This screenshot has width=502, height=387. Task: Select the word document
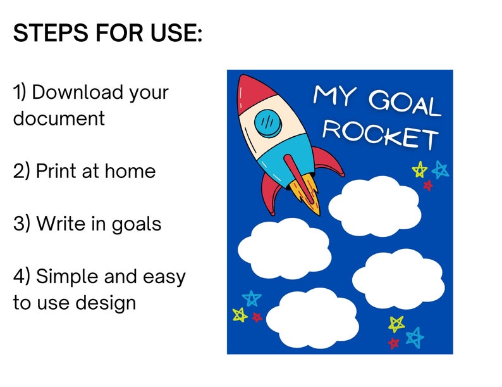(59, 118)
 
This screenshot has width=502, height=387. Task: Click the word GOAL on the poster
(403, 103)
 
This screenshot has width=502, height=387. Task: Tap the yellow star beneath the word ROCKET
(419, 170)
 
